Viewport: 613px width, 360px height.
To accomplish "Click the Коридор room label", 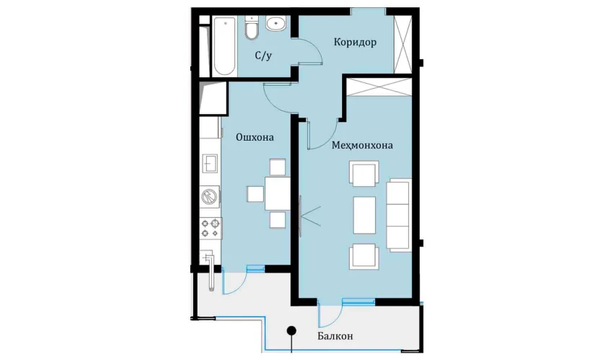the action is (x=355, y=42).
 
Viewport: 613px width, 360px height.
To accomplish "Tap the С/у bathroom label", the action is (x=263, y=56).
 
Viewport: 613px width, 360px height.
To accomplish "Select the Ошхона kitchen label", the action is (x=255, y=137).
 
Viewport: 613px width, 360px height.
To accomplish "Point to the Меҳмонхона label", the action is (x=362, y=146).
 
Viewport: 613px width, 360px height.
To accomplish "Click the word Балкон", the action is (x=335, y=335).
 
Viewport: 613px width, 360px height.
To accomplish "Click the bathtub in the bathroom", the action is (x=224, y=46).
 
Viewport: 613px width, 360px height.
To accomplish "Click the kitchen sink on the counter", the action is (x=210, y=163).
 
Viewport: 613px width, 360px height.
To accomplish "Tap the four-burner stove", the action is (x=211, y=228).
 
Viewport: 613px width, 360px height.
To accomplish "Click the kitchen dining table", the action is (x=278, y=193).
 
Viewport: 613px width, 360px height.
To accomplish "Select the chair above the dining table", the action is (x=278, y=167).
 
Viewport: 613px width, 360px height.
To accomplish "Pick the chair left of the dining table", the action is (x=255, y=194).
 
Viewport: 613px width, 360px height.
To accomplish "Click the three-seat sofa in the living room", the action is (x=399, y=215).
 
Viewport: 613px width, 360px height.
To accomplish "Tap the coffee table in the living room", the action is (x=364, y=215).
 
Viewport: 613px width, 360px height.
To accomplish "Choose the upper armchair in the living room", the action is (x=364, y=174).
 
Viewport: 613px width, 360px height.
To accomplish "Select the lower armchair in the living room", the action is (x=364, y=256).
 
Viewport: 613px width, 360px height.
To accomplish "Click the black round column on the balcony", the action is (x=291, y=331).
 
